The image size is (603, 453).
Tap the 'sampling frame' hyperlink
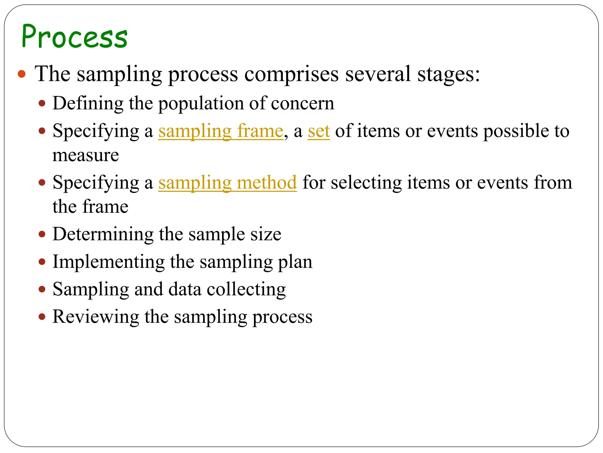[221, 131]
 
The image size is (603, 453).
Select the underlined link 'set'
[319, 131]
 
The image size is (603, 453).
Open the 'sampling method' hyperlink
[227, 183]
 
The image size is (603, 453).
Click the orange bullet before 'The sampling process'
[22, 74]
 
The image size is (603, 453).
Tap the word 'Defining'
[88, 104]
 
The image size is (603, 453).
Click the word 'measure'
[86, 155]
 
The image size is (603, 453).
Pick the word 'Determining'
[103, 234]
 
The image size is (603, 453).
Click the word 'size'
[266, 234]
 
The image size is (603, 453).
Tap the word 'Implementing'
[108, 262]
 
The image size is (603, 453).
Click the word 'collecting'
[246, 289]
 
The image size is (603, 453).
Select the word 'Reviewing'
[95, 317]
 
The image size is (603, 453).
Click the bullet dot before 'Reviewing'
[42, 317]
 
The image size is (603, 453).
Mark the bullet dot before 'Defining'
[42, 104]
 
